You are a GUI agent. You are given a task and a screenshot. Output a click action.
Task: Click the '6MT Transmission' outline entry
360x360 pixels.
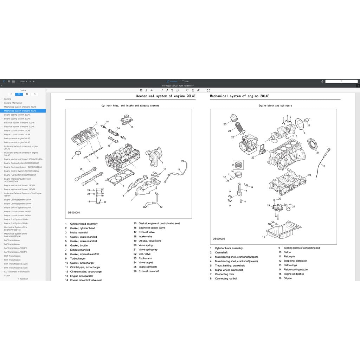(x=12, y=256)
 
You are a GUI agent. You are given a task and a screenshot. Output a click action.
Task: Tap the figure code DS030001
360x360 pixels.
(x=74, y=212)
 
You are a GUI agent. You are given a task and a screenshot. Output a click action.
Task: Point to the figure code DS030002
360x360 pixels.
(x=219, y=239)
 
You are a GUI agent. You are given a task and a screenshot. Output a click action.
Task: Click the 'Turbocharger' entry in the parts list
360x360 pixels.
(x=78, y=258)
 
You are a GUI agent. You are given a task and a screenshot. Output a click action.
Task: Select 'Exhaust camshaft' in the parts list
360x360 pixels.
(x=149, y=271)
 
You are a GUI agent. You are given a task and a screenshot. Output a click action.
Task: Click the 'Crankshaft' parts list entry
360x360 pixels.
(x=221, y=252)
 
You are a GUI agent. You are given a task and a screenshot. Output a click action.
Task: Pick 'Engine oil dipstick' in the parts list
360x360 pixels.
(x=294, y=274)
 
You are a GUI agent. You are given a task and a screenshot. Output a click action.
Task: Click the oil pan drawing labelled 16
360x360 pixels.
(x=281, y=230)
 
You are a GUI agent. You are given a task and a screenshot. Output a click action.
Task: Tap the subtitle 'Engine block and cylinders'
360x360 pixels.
(x=275, y=105)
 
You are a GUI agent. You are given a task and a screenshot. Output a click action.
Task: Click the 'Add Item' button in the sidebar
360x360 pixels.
(x=23, y=279)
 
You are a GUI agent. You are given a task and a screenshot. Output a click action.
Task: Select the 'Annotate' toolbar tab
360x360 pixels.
(x=172, y=81)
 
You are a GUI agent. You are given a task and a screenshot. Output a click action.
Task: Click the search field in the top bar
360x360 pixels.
(x=341, y=81)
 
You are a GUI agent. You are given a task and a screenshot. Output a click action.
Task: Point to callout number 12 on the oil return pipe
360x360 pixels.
(x=161, y=207)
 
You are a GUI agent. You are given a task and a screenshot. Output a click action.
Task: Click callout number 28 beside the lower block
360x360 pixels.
(x=309, y=175)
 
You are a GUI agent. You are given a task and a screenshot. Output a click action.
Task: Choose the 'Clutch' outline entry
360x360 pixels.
(x=7, y=276)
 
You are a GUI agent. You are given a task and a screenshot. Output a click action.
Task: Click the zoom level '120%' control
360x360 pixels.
(x=23, y=81)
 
